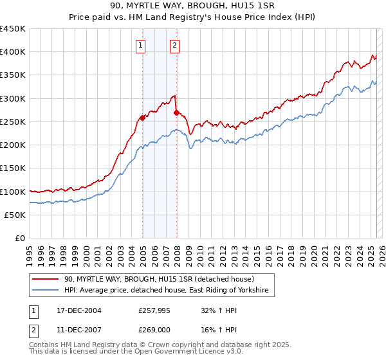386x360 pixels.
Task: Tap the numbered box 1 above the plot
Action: point(140,45)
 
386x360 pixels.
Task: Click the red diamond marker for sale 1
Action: point(142,118)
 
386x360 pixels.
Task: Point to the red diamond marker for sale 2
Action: point(176,113)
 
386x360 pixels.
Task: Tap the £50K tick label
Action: point(15,215)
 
